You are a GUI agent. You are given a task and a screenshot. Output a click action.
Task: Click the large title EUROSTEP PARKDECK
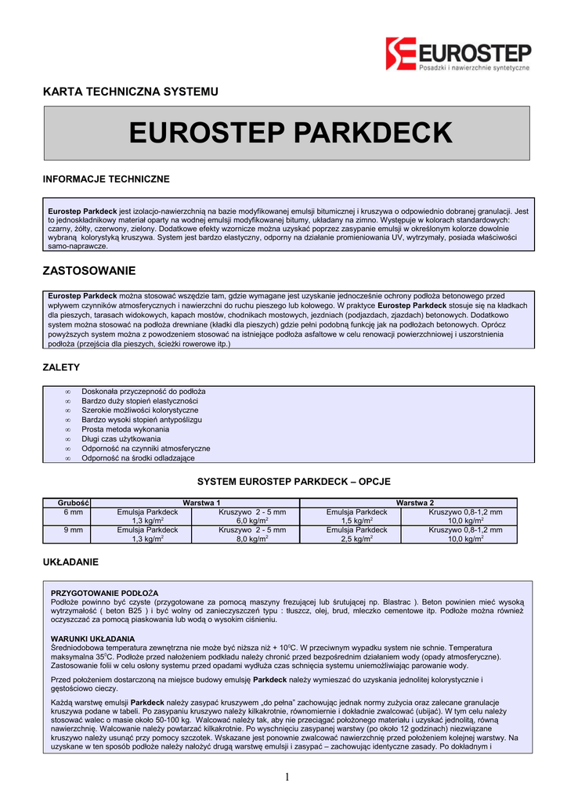290,132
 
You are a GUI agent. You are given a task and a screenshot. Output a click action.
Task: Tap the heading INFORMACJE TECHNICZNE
106,179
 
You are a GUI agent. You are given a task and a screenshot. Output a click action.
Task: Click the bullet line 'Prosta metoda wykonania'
125,429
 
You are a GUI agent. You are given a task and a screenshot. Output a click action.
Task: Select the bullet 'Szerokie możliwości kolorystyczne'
139,410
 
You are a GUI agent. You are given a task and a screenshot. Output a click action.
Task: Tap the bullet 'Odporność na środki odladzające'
138,458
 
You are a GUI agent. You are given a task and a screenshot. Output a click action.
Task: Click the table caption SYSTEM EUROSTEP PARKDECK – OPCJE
294,481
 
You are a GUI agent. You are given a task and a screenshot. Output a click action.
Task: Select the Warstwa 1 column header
200,501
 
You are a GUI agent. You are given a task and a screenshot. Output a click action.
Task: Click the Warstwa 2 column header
415,501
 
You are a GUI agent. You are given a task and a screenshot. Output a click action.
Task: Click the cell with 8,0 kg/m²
252,539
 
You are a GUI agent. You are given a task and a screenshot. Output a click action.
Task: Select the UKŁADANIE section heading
70,562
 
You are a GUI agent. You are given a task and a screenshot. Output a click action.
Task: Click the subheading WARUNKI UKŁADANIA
92,639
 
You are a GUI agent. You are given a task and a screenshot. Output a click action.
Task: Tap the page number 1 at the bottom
287,777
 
